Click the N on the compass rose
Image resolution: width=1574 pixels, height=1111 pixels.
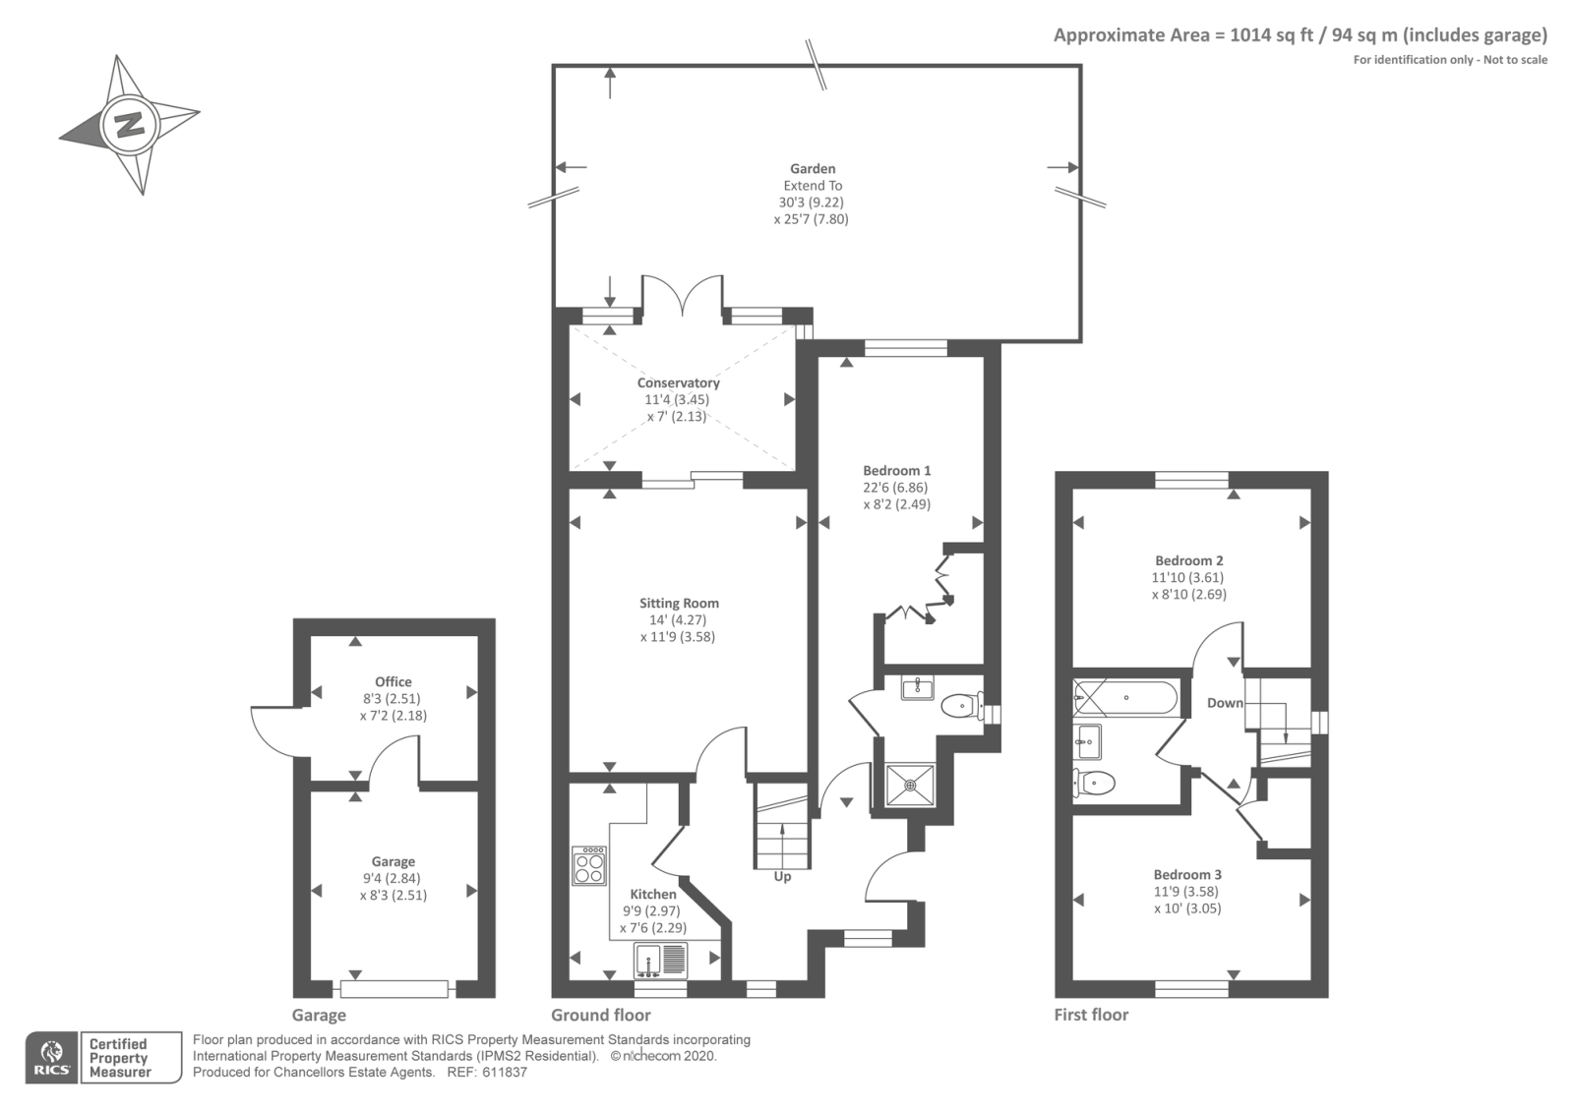(128, 125)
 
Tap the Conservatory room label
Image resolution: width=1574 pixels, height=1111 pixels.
(678, 383)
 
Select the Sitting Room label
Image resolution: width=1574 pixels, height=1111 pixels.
(679, 604)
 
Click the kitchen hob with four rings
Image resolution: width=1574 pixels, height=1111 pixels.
(589, 865)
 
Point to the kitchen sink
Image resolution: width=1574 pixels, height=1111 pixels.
(660, 958)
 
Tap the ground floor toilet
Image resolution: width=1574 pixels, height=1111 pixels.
(959, 705)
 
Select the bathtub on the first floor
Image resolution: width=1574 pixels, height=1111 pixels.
(1125, 697)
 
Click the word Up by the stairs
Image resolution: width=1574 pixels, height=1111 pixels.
(783, 876)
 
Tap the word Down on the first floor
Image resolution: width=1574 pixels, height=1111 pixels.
(1225, 703)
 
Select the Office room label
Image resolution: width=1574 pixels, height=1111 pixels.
(393, 682)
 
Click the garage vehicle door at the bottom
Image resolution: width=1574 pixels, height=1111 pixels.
(393, 987)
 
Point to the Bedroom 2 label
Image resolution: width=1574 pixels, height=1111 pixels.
(1189, 560)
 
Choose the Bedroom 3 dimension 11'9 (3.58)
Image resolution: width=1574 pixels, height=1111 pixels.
(1187, 892)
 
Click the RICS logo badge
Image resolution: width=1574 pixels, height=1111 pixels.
(51, 1058)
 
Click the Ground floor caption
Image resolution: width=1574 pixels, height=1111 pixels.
(600, 1016)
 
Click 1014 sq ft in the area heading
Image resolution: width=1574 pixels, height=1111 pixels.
(1271, 36)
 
